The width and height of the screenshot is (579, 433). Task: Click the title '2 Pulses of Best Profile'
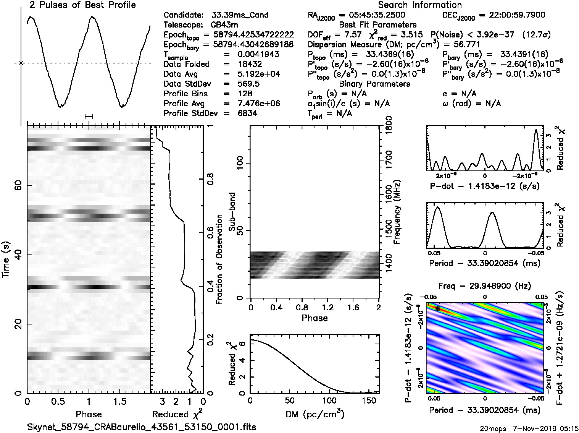click(x=82, y=5)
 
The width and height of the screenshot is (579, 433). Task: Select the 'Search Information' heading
click(x=419, y=5)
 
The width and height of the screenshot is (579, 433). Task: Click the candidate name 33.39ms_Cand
click(x=240, y=15)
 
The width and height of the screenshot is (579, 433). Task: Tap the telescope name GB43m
click(x=224, y=25)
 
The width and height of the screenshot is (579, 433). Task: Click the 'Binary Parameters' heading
click(x=374, y=84)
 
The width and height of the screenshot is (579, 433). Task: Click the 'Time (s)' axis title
click(x=6, y=259)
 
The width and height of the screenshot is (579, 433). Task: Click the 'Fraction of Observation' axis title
click(x=219, y=259)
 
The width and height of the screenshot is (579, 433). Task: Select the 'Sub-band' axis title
click(x=232, y=212)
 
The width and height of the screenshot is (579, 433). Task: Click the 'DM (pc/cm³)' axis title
click(x=314, y=414)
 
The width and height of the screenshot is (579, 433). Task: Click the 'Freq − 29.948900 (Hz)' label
click(x=485, y=286)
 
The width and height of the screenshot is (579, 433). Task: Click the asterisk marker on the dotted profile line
click(x=21, y=63)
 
